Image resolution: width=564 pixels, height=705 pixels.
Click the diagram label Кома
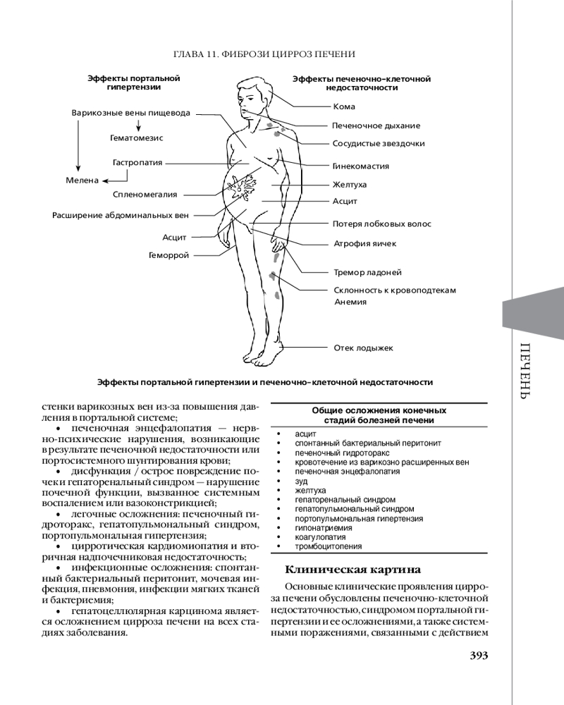(x=344, y=106)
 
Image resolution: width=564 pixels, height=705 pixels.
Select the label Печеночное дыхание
(x=376, y=125)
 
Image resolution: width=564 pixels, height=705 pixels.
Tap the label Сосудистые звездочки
(x=379, y=143)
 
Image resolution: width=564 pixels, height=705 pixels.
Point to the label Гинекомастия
(x=361, y=166)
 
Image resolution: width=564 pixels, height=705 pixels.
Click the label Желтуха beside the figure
(x=350, y=184)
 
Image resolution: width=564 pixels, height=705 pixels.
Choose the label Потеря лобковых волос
(x=381, y=224)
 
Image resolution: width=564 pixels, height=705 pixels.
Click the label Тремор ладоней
(x=367, y=271)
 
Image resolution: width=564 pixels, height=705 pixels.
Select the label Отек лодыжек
(x=363, y=348)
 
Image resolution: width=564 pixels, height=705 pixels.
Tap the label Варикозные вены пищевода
(x=131, y=112)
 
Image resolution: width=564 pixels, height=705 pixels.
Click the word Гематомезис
(x=137, y=138)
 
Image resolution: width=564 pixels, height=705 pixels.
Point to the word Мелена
(x=83, y=180)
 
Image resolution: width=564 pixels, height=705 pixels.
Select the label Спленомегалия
(x=145, y=194)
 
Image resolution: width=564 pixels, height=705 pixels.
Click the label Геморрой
(x=169, y=255)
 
